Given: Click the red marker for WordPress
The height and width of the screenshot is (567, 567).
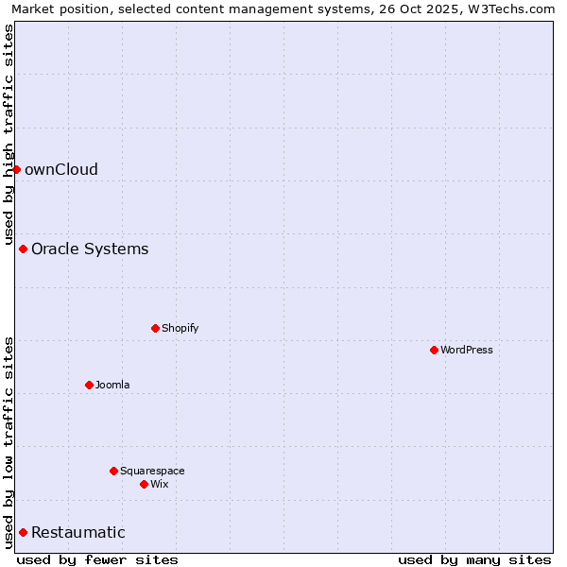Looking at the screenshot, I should [x=434, y=350].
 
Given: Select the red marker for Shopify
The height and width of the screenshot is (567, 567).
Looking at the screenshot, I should [x=155, y=328].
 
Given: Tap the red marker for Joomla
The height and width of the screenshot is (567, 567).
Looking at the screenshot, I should [x=89, y=385].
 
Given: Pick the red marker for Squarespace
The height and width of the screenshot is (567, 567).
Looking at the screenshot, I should [x=113, y=471].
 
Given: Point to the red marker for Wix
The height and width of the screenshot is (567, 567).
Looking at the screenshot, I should [x=144, y=484].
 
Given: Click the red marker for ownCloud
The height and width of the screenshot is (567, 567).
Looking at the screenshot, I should [x=16, y=169].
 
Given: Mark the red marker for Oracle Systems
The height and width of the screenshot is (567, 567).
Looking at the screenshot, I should [x=23, y=249].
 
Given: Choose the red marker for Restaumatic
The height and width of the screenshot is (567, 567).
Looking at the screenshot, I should [x=23, y=532].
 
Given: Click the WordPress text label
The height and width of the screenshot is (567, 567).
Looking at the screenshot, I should [x=467, y=350].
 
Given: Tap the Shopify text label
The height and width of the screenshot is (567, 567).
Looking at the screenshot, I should [x=180, y=328].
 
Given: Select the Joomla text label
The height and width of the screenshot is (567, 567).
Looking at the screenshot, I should [x=112, y=385].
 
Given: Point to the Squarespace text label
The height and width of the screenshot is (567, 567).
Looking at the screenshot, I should [x=152, y=471].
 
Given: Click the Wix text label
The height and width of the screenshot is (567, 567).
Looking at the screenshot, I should [x=160, y=484].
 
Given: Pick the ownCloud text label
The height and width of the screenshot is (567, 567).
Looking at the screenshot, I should [x=61, y=169].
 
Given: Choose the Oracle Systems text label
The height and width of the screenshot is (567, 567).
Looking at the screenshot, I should [x=90, y=249].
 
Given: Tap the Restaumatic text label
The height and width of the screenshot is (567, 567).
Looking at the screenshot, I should [x=78, y=532].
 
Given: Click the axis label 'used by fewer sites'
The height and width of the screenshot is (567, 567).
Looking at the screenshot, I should [x=97, y=559].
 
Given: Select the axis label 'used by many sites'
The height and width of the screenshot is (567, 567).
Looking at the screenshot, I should [x=474, y=559].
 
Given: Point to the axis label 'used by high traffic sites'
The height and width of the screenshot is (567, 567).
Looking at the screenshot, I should [x=9, y=135].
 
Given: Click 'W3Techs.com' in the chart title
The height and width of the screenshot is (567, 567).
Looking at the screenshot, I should [x=508, y=9].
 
